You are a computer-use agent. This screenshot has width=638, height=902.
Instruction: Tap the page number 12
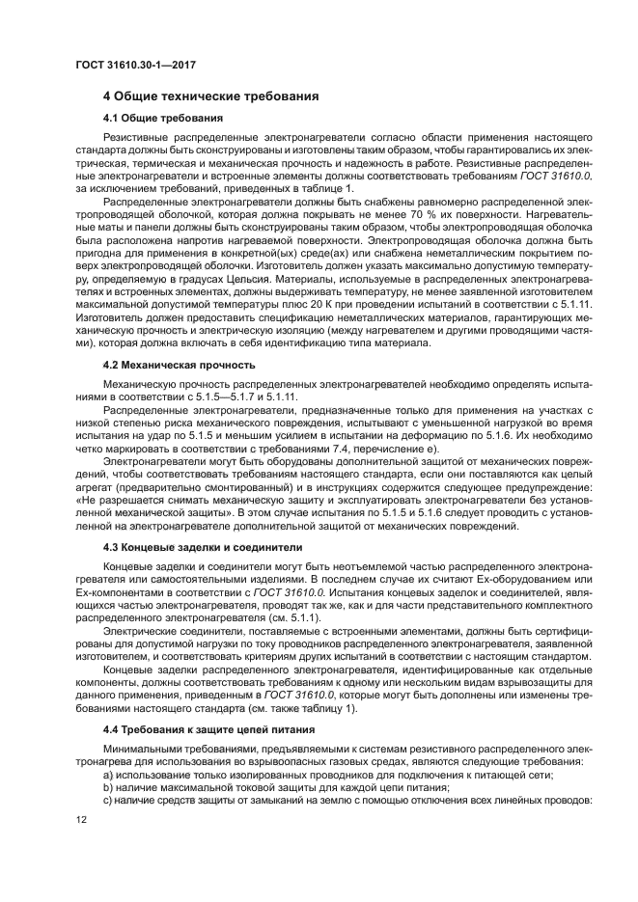point(82,818)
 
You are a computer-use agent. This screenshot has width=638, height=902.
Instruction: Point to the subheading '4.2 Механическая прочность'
point(179,365)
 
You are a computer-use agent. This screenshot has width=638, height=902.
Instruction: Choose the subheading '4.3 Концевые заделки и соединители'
point(203,546)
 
